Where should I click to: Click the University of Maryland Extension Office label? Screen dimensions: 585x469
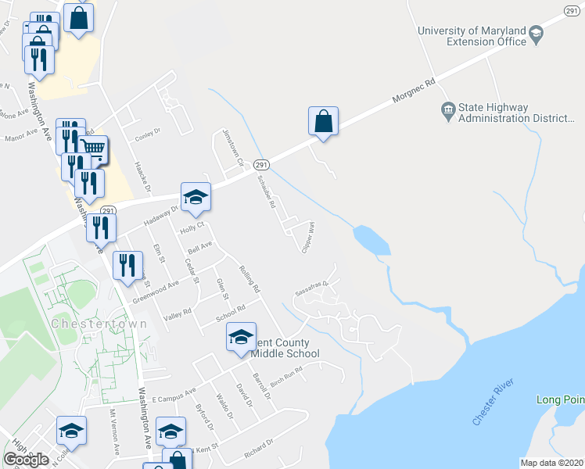point(472,36)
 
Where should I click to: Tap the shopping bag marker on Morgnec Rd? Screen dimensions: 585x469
point(323,122)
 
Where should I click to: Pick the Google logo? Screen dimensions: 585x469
point(26,460)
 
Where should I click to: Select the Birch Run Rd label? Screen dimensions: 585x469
point(285,374)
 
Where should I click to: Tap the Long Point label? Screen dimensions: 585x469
point(559,399)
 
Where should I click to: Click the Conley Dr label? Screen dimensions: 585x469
point(147,133)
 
